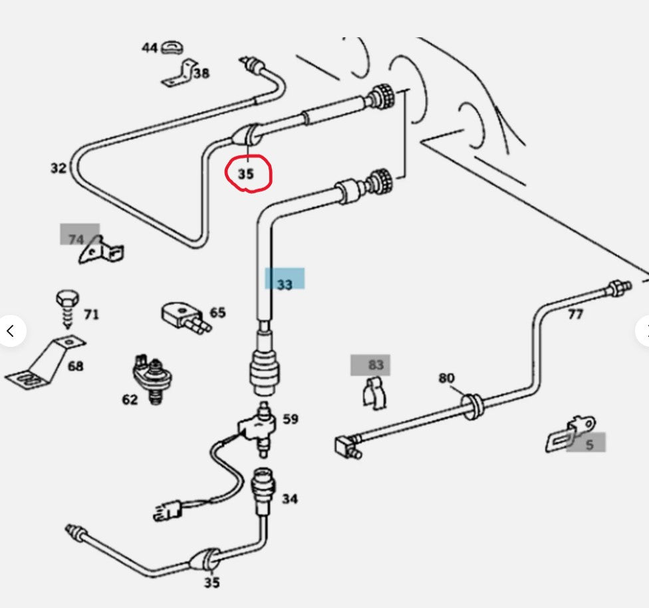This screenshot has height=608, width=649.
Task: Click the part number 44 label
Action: [x=149, y=48]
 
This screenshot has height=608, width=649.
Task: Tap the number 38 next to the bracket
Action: [x=201, y=74]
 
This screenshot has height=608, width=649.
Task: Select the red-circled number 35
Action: [x=247, y=175]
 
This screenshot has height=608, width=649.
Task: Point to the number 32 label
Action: [x=59, y=168]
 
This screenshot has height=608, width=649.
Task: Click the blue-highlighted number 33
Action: [x=285, y=284]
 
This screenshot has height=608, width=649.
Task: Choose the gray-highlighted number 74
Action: [x=76, y=239]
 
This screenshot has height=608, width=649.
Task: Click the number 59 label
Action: [x=291, y=419]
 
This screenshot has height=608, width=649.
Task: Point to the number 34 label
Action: [x=290, y=498]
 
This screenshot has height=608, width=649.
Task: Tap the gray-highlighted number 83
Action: [x=376, y=365]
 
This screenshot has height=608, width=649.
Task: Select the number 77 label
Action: [x=575, y=314]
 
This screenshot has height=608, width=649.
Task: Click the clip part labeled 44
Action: [x=173, y=47]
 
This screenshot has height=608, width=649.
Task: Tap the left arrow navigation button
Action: [x=10, y=330]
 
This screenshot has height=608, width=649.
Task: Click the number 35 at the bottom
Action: [x=211, y=583]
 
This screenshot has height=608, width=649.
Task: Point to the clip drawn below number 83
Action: [x=374, y=393]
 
